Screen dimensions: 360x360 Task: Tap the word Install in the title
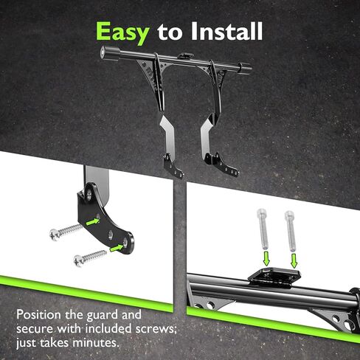point(226,31)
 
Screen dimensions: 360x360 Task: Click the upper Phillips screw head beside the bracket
point(55,235)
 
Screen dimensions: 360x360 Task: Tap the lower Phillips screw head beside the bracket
point(79,261)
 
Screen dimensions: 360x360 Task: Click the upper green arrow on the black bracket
point(92,221)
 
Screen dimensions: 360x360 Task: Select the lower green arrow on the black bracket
point(117,248)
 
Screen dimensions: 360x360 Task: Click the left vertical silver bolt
point(263,229)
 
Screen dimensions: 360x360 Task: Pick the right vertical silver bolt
point(291,231)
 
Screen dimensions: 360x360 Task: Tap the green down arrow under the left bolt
point(266,258)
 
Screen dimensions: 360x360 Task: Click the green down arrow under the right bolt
point(294,260)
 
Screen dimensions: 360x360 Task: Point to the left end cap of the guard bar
point(105,52)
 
